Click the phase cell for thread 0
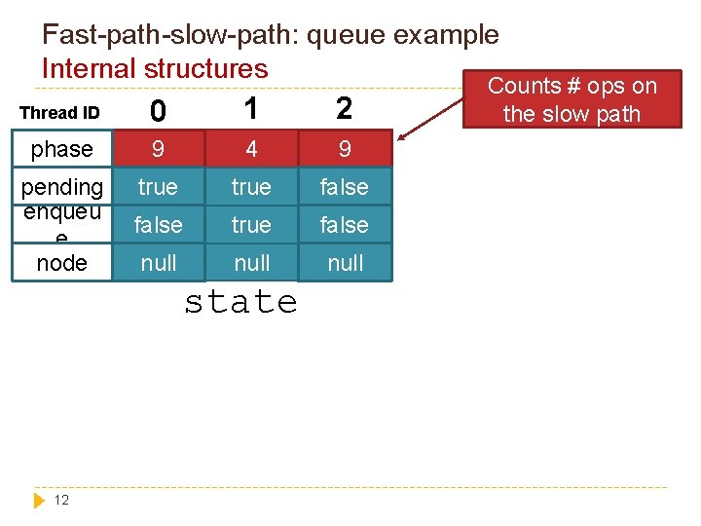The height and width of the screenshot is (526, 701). (158, 149)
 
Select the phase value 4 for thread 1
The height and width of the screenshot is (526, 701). (251, 149)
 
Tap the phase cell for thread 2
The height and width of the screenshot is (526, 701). (345, 149)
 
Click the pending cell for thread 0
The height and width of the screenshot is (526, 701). (158, 186)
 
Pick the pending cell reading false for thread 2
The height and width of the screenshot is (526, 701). (345, 186)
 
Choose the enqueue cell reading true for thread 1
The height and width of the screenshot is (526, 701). (251, 225)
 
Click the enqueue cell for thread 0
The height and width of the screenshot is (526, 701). (158, 225)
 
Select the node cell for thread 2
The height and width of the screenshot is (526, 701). (345, 263)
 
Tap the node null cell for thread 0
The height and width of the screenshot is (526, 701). (158, 263)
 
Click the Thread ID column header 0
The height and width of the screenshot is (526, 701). (158, 111)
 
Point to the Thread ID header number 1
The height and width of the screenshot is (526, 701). (251, 107)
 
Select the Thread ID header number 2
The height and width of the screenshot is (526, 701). (344, 107)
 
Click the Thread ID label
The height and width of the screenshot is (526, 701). (60, 113)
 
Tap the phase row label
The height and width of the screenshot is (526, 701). (61, 149)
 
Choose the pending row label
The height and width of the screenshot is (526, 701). (61, 186)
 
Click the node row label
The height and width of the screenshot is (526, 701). (61, 263)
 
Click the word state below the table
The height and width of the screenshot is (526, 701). (240, 302)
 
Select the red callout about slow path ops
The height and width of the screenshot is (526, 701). (572, 99)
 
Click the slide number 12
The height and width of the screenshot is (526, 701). (61, 500)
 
